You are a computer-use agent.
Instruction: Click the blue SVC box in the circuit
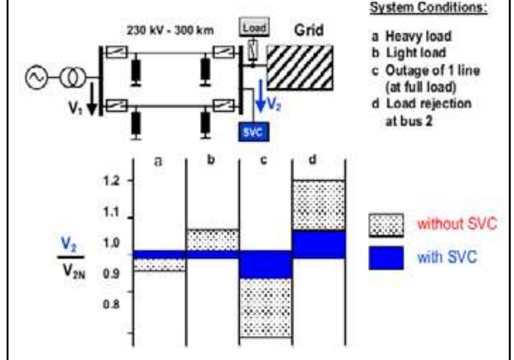(254, 131)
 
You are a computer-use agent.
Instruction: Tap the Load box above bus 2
(255, 27)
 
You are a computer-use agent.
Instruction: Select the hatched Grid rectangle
(300, 67)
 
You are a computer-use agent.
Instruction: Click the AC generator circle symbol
(36, 77)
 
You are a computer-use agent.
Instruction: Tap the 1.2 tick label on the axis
(111, 180)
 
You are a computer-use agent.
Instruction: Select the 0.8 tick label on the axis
(111, 305)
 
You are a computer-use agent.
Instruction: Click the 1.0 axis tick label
(111, 243)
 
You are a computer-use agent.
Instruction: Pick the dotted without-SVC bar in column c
(265, 307)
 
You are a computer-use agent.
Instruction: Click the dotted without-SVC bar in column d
(318, 205)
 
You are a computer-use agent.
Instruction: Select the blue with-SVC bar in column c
(265, 264)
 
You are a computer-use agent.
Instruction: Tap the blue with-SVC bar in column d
(318, 244)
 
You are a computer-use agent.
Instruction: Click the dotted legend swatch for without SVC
(386, 225)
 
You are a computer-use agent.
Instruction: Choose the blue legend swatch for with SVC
(386, 258)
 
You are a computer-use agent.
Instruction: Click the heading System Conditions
(429, 8)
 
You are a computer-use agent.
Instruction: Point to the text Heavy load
(418, 36)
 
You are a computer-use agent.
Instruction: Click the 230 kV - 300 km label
(170, 31)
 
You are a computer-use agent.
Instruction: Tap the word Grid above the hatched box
(309, 31)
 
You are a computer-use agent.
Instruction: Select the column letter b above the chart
(211, 160)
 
